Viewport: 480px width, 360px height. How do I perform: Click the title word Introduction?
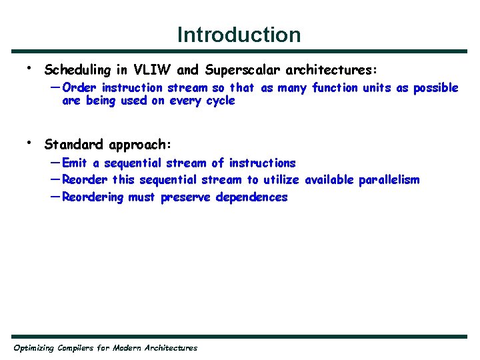[x=239, y=34]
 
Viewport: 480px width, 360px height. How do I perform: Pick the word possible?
[x=435, y=88]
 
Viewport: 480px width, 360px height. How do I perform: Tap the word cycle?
[x=221, y=101]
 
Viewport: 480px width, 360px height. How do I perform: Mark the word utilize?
[x=281, y=180]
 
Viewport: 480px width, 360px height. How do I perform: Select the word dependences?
[x=251, y=197]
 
